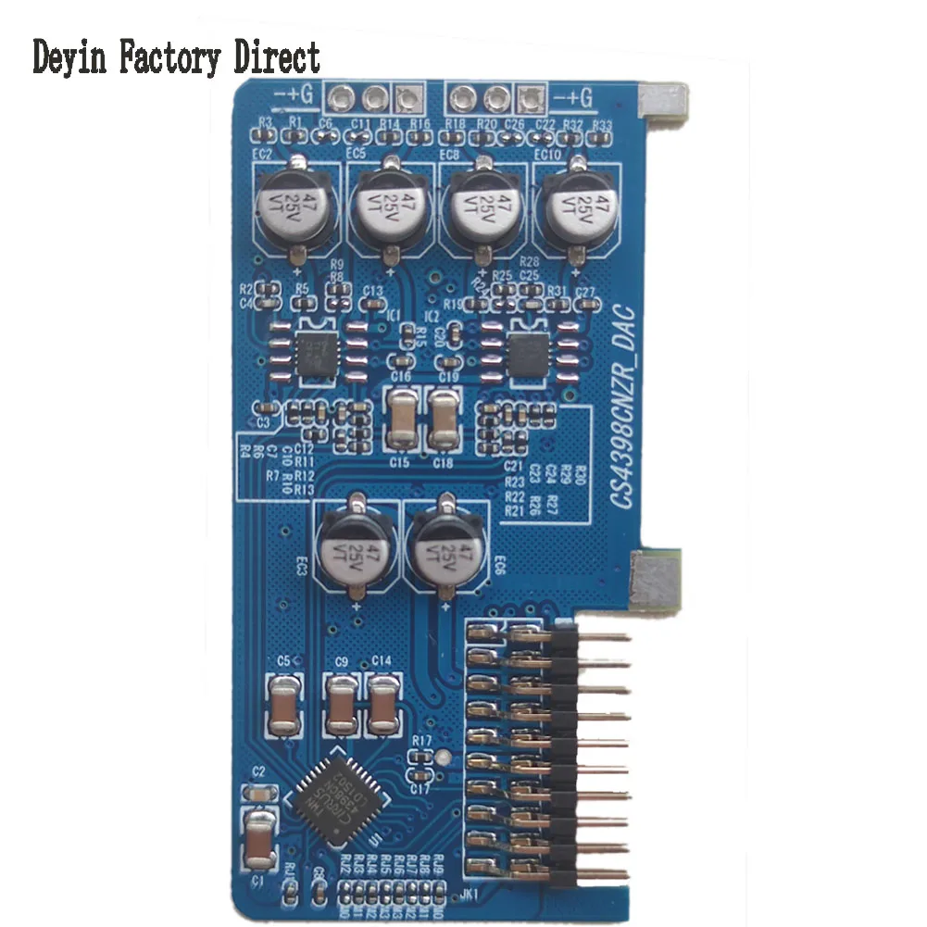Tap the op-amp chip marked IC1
point(317,355)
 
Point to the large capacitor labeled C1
point(261,838)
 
